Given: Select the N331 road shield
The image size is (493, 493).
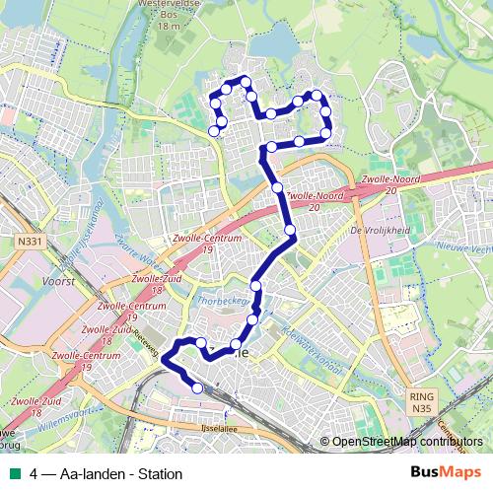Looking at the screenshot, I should point(29,240).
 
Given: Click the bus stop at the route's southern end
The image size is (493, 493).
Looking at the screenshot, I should point(197,387).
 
